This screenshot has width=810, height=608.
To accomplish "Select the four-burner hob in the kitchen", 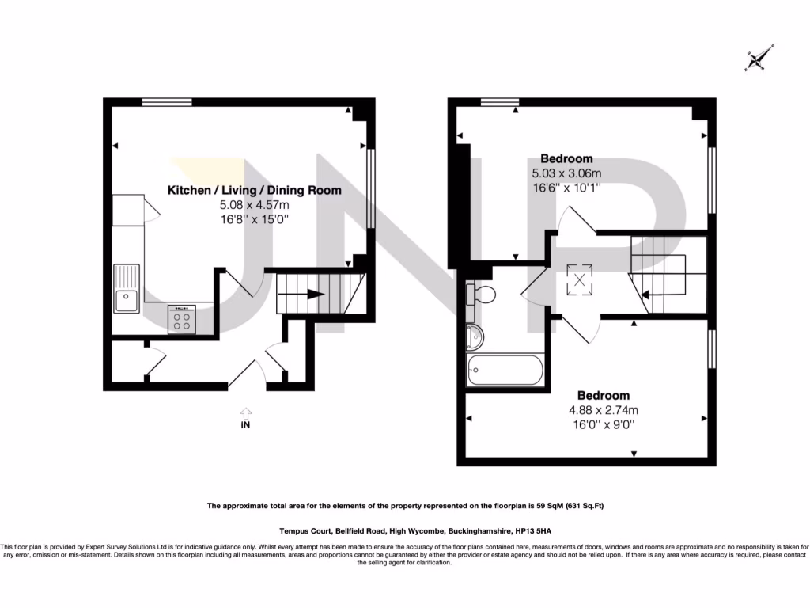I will click(180, 319).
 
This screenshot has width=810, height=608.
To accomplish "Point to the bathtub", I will click(505, 370).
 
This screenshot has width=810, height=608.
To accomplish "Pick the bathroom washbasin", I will click(476, 336).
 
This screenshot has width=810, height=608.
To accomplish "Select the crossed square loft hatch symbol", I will click(580, 279).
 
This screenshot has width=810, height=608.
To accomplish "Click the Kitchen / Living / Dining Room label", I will click(254, 190).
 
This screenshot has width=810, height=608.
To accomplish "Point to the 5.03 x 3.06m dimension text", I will click(567, 173).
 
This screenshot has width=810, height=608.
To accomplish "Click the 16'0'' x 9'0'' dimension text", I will click(603, 424).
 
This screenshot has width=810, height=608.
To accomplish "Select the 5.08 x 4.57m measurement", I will click(254, 205).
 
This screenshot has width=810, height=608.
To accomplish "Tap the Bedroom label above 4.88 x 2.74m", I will click(603, 395).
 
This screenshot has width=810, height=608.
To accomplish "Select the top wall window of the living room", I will click(167, 101).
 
